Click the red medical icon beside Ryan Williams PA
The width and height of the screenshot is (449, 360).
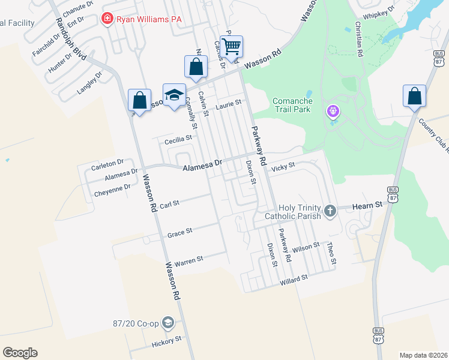click(108, 19)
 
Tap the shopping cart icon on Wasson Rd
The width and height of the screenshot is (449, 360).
click(231, 46)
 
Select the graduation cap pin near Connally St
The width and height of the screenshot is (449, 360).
click(174, 95)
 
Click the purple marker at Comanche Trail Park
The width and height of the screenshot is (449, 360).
click(333, 111)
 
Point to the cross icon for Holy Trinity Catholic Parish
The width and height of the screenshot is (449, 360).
click(330, 211)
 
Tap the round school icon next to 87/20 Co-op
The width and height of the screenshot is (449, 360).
click(168, 324)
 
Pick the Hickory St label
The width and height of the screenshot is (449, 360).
click(167, 340)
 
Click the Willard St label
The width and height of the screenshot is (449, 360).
click(293, 278)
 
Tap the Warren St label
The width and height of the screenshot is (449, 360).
click(189, 260)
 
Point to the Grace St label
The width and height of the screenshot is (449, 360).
click(179, 232)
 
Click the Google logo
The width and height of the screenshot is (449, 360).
click(20, 353)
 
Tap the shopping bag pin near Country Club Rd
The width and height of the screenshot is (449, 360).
click(414, 95)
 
